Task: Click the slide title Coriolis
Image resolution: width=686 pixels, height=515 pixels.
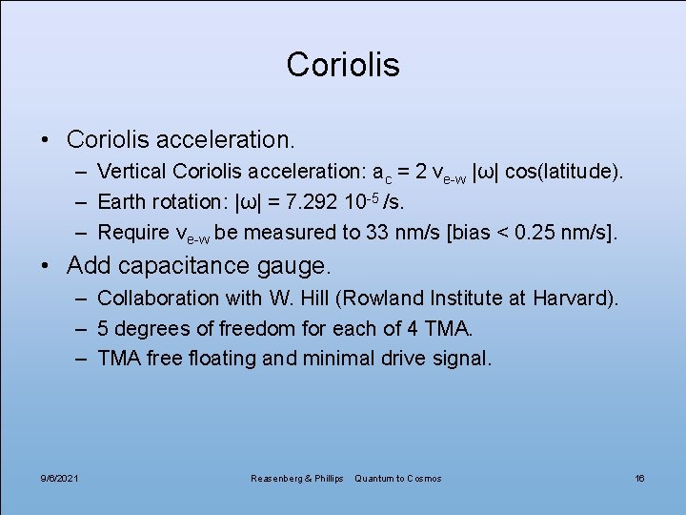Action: click(343, 65)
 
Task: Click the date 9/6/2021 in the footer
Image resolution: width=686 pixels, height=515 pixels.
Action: click(60, 478)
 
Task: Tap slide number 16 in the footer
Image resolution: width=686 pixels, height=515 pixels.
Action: click(639, 478)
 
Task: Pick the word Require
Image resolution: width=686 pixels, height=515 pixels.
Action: click(132, 232)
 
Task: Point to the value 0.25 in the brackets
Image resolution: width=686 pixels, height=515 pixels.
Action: click(542, 232)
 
